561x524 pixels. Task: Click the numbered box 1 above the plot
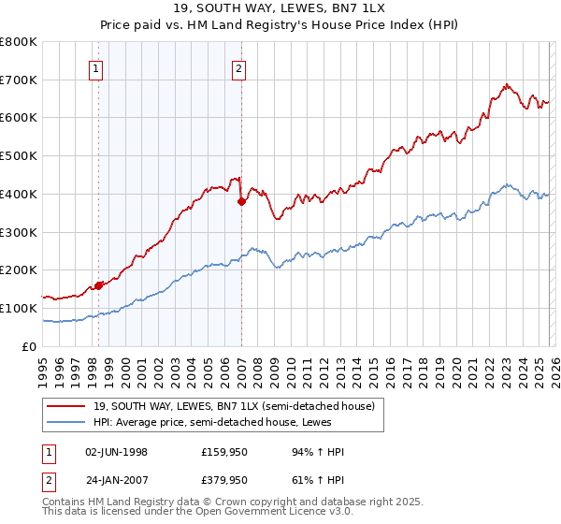tap(97, 67)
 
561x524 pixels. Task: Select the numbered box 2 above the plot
tap(239, 67)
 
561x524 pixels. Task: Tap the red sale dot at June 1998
tap(98, 285)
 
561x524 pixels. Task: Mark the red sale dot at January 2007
tap(241, 201)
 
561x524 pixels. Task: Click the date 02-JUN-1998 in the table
tap(116, 452)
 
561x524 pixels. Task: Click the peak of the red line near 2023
tap(506, 85)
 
